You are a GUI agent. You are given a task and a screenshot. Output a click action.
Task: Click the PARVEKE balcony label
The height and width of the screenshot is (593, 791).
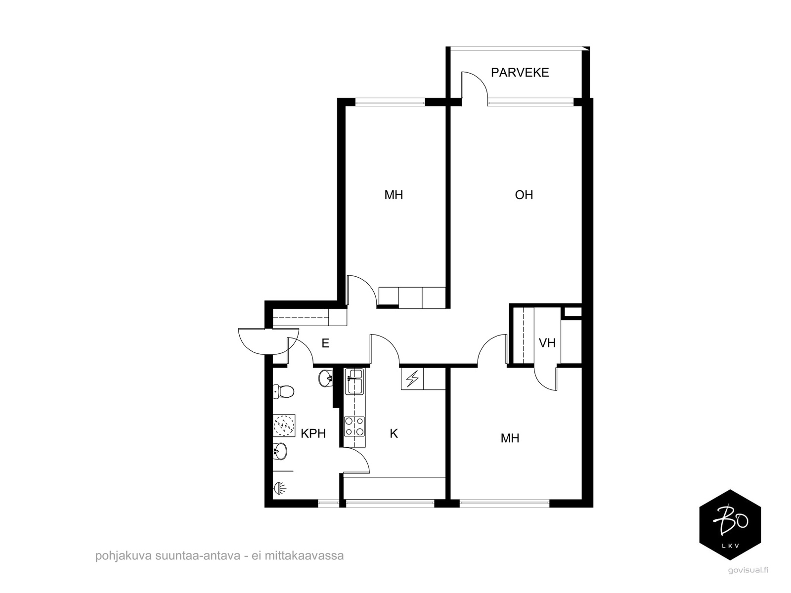[x=520, y=72]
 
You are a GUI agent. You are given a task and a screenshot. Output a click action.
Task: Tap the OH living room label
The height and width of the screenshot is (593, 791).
[x=524, y=195]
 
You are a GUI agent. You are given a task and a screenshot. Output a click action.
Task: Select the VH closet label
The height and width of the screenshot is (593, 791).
[x=547, y=343]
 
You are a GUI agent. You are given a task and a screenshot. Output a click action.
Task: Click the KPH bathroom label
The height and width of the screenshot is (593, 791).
[x=313, y=433]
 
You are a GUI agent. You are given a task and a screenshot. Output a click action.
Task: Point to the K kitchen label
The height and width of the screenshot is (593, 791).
[x=394, y=433]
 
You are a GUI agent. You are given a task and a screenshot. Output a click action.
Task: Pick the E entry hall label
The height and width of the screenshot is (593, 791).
[x=325, y=343]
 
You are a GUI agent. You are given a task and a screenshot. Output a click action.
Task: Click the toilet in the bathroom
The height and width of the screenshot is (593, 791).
[x=283, y=391]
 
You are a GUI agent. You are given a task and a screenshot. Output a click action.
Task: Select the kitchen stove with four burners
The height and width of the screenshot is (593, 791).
[x=354, y=426]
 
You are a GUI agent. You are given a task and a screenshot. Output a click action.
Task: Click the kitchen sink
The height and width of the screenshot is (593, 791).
[x=354, y=381]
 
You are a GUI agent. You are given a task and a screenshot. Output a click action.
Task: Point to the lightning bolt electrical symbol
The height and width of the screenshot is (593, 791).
[x=412, y=379]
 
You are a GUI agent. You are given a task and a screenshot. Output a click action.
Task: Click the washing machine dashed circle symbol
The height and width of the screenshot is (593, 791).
[x=284, y=425]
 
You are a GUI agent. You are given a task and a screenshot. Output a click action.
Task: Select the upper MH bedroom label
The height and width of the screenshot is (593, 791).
[x=394, y=195]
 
